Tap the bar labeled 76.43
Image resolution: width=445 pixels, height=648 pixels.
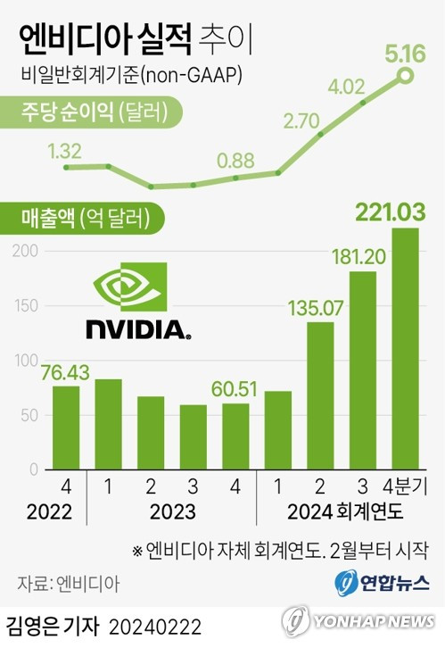tap(65, 428)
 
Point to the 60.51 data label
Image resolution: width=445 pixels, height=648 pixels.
tap(235, 390)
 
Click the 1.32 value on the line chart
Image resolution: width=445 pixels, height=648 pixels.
tap(65, 149)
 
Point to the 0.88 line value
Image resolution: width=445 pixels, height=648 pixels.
tap(236, 161)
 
